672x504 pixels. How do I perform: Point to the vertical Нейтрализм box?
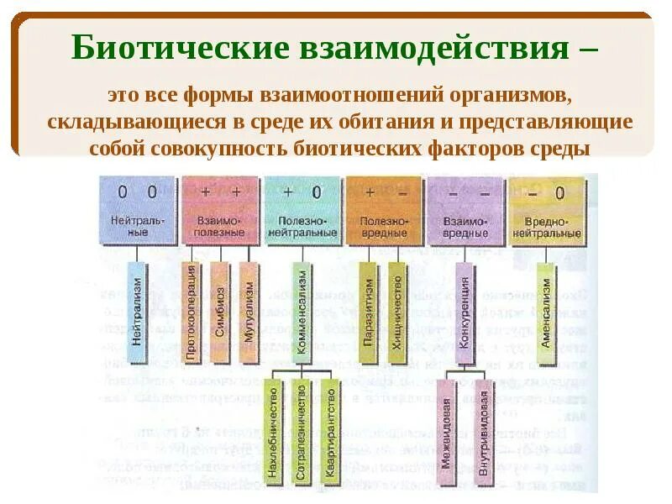tap(137, 312)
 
